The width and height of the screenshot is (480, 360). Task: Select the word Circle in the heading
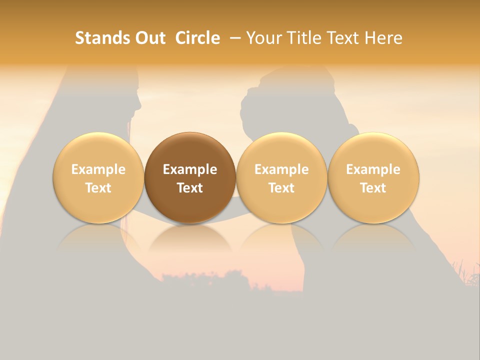(197, 38)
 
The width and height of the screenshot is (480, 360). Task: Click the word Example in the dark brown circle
(190, 169)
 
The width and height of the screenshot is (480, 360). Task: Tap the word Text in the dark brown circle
(190, 188)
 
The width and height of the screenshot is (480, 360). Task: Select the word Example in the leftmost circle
(98, 169)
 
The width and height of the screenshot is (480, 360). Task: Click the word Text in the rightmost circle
(373, 188)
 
